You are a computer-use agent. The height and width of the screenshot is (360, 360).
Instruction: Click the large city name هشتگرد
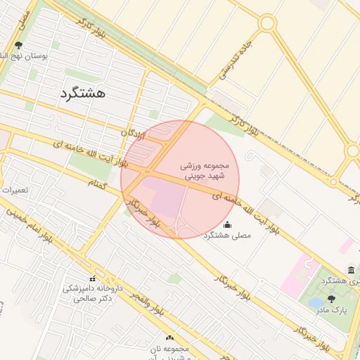click(82, 93)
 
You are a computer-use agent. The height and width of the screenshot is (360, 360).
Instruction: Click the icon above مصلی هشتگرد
click(226, 225)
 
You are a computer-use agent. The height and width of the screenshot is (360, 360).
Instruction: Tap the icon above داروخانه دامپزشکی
click(94, 278)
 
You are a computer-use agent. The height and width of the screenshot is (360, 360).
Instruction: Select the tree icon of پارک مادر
click(331, 298)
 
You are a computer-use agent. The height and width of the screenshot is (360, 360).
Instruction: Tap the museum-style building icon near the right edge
click(351, 271)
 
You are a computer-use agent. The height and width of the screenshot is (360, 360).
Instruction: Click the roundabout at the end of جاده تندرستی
click(267, 23)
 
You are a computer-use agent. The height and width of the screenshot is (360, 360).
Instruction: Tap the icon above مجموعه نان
click(169, 338)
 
